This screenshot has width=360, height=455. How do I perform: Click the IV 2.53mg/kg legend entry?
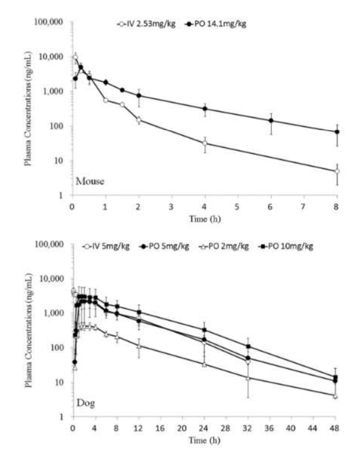(x=147, y=24)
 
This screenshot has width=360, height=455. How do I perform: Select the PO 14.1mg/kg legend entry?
(x=216, y=24)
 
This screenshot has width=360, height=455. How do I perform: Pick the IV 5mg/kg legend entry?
(x=109, y=246)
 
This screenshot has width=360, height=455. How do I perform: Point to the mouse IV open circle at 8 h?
(x=337, y=171)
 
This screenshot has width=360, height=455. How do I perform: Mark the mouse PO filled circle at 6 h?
(x=271, y=120)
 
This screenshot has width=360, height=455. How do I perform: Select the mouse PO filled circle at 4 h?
(x=205, y=109)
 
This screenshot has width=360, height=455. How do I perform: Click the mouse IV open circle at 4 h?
(x=205, y=143)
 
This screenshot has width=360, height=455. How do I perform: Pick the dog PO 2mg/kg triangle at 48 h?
(x=335, y=396)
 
